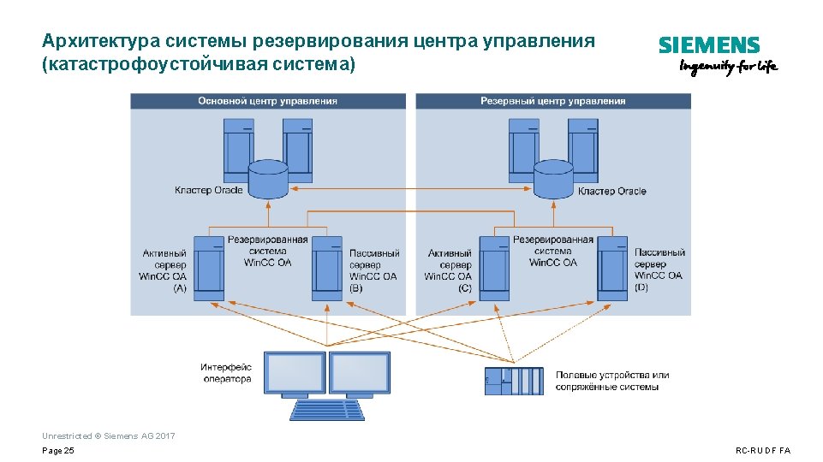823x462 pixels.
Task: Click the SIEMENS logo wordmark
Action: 708,45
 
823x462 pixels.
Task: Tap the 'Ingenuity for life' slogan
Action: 728,68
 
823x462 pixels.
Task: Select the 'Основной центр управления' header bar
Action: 267,101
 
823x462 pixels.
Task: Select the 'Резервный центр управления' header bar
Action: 552,101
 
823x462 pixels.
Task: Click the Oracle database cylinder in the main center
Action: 268,179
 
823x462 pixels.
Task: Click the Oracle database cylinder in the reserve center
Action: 553,179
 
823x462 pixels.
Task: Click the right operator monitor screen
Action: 360,373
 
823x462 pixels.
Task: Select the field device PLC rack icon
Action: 513,381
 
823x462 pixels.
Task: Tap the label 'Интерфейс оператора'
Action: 227,373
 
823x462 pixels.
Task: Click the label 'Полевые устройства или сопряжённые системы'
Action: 611,381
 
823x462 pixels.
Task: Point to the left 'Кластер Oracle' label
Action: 208,190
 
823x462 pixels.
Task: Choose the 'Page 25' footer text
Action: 58,451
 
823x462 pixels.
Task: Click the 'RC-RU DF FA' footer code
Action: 763,451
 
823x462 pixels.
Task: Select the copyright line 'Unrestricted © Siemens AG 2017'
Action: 108,436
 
